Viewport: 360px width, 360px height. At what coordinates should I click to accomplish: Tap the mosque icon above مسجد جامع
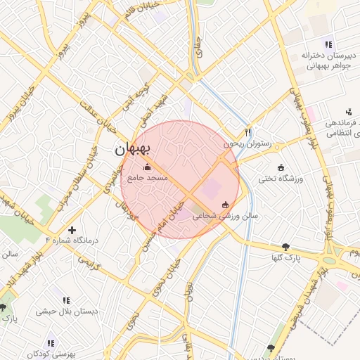[147, 167]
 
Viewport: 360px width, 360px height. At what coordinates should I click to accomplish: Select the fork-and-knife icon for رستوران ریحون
[247, 131]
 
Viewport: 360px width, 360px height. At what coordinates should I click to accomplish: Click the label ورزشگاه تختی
[280, 179]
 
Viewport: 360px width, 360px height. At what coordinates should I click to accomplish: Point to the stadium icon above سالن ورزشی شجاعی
[225, 205]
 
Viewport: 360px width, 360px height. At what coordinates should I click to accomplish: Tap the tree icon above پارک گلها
[285, 247]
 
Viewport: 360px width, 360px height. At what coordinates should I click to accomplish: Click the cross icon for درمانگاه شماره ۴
[72, 230]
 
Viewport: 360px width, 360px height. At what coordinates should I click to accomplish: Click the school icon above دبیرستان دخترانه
[328, 44]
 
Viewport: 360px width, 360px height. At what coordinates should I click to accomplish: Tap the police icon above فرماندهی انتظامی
[348, 111]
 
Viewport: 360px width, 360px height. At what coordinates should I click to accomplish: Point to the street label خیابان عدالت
[102, 115]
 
